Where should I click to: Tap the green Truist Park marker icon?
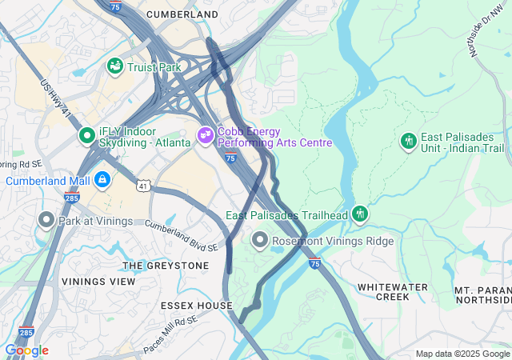[x=114, y=66]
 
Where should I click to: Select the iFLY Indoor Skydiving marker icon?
[x=86, y=136]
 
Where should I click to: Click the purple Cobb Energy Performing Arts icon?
[x=206, y=135]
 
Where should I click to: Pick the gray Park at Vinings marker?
[x=46, y=219]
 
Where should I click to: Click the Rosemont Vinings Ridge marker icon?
[x=260, y=239]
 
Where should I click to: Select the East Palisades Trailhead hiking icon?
[x=360, y=214]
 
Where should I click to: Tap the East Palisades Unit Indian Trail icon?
[x=409, y=142]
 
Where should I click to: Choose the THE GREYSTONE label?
[x=166, y=265]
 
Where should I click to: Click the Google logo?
[x=26, y=350]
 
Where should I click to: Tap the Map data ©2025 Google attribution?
[x=462, y=354]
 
